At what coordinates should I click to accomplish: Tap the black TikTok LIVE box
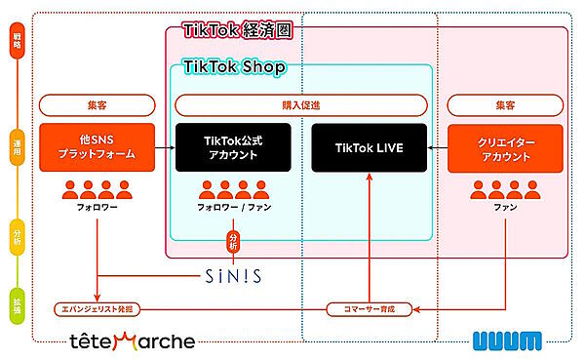click(370, 147)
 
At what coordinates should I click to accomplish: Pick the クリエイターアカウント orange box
click(506, 147)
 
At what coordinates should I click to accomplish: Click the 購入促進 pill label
click(300, 104)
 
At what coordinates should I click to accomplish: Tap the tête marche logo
click(132, 341)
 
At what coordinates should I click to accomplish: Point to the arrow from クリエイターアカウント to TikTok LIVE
click(444, 147)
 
